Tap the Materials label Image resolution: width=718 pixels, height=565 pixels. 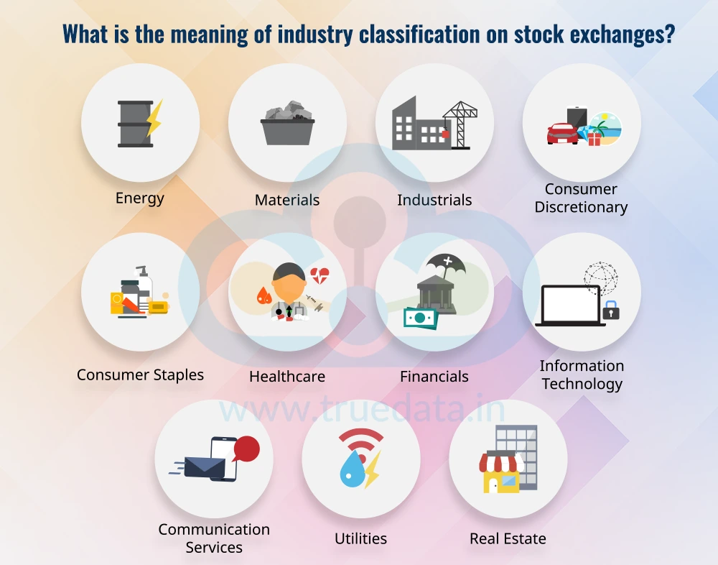287,200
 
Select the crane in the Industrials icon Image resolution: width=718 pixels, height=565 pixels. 460,122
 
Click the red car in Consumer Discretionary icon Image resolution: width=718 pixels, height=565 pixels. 562,133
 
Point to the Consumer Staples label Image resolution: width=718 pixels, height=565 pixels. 140,375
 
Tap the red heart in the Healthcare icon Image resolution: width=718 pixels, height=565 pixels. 320,275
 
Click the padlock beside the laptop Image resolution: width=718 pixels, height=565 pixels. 612,311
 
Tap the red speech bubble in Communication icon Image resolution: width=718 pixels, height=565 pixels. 246,449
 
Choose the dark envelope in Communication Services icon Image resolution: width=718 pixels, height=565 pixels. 205,468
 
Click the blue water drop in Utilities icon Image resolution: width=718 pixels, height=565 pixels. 352,472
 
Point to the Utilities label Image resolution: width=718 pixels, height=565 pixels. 360,538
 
